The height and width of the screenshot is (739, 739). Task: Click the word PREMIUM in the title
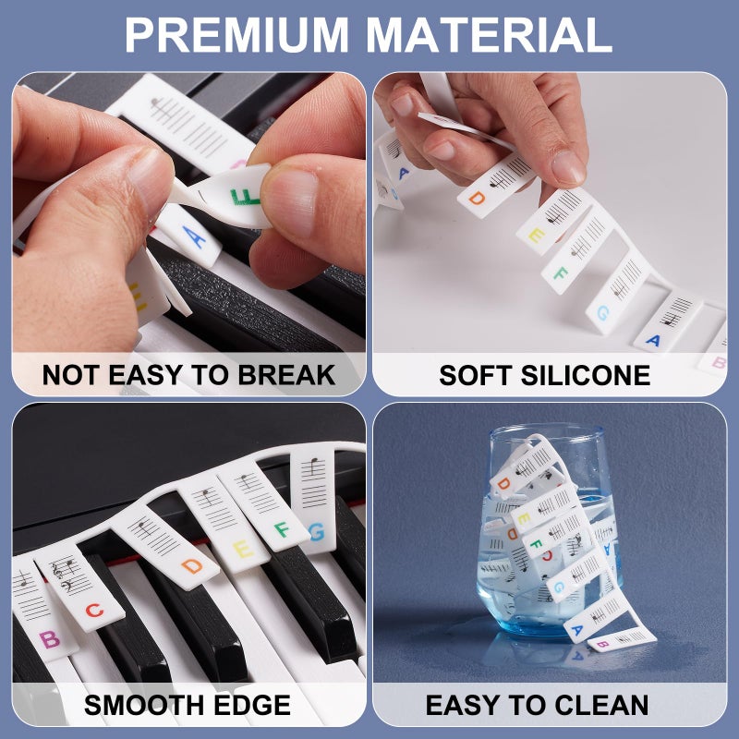238,34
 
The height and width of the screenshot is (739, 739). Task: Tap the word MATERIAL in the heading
490,34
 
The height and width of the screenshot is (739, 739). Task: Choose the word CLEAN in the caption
600,706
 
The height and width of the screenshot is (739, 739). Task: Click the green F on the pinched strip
247,198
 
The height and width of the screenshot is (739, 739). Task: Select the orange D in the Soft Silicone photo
477,197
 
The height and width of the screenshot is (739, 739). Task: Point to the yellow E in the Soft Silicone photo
535,236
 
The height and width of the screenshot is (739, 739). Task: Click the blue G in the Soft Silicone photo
602,313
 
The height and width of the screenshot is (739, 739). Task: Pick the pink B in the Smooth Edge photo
49,637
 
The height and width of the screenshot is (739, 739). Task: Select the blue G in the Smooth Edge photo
316,532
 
